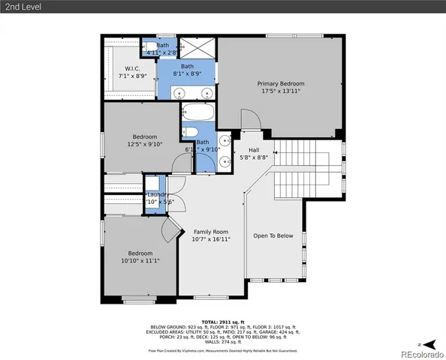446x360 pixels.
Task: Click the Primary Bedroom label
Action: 280,83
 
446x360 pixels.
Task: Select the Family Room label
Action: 210,232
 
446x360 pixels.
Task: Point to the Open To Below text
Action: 273,235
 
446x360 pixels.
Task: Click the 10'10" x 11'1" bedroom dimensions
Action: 140,260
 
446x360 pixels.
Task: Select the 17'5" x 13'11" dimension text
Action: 280,91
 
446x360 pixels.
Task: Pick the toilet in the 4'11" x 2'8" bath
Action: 149,47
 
